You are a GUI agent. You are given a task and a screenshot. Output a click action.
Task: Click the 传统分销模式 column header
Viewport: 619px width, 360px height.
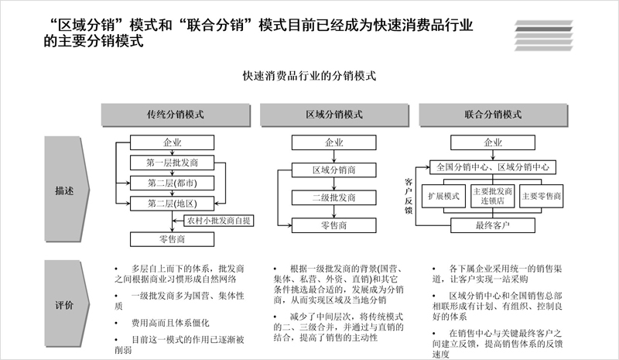pos(176,115)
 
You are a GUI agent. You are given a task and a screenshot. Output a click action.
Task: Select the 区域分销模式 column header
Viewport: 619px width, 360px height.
pos(334,115)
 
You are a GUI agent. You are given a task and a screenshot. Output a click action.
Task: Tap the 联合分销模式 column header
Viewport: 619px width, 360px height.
pos(493,115)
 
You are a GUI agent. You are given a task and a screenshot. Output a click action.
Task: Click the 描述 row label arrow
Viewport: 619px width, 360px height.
pos(67,189)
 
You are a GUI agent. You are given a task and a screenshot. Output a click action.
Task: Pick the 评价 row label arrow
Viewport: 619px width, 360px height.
pos(67,304)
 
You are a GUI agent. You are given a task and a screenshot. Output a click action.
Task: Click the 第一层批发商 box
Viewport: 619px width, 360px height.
pos(172,163)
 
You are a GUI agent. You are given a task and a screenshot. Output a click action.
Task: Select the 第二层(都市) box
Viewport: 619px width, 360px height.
pos(172,183)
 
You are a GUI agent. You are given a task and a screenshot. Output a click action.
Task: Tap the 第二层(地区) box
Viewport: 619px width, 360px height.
pos(172,204)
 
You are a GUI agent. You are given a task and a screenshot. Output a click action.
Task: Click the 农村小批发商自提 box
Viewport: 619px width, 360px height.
pos(219,221)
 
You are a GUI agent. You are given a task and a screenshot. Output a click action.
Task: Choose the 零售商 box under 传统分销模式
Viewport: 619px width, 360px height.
pos(172,239)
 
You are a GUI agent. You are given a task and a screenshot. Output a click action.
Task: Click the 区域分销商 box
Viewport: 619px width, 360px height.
pos(334,170)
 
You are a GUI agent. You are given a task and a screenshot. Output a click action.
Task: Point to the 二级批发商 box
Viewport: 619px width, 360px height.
pos(334,197)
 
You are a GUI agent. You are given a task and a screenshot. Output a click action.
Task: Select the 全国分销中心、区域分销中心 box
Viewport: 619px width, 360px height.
pos(493,166)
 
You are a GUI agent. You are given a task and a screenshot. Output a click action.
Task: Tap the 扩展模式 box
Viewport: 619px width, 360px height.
pos(443,196)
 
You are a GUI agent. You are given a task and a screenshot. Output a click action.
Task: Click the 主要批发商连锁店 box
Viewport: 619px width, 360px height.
pos(493,196)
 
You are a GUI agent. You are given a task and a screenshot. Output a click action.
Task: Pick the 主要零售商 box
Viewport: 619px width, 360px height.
pos(541,196)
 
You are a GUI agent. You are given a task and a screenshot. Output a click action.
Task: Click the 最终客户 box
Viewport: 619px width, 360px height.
pos(493,225)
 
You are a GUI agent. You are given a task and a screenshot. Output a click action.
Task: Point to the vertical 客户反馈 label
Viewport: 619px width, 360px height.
pos(409,196)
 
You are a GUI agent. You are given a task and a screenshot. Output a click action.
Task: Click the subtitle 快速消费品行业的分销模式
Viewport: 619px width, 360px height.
pos(309,75)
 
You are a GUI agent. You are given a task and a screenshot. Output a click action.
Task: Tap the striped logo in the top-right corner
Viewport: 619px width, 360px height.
pos(544,36)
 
